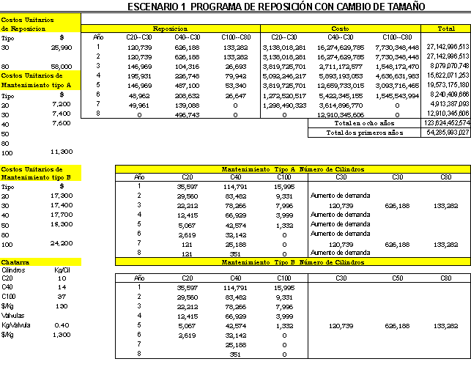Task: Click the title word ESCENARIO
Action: click(156, 7)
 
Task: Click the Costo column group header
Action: click(341, 27)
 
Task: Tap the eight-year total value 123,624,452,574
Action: click(446, 124)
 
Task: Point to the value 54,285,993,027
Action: click(446, 133)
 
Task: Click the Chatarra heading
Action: click(15, 261)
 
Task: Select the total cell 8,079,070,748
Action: click(446, 65)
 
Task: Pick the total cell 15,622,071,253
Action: click(446, 75)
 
